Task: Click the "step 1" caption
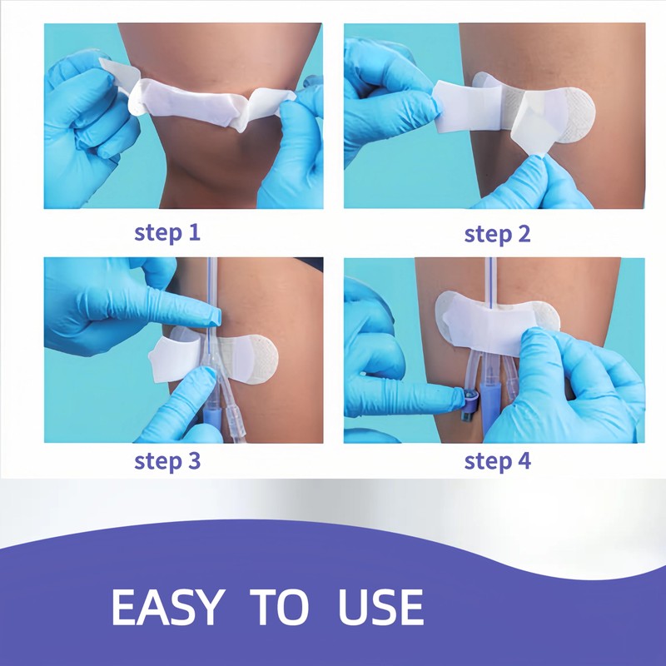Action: [167, 233]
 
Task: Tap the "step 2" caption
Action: [497, 234]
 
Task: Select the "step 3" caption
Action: [167, 461]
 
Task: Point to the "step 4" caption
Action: [497, 461]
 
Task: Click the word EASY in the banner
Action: [167, 608]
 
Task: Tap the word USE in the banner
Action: [380, 608]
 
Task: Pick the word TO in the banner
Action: [279, 608]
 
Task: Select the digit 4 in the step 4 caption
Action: [524, 460]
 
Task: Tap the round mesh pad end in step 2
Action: [579, 115]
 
